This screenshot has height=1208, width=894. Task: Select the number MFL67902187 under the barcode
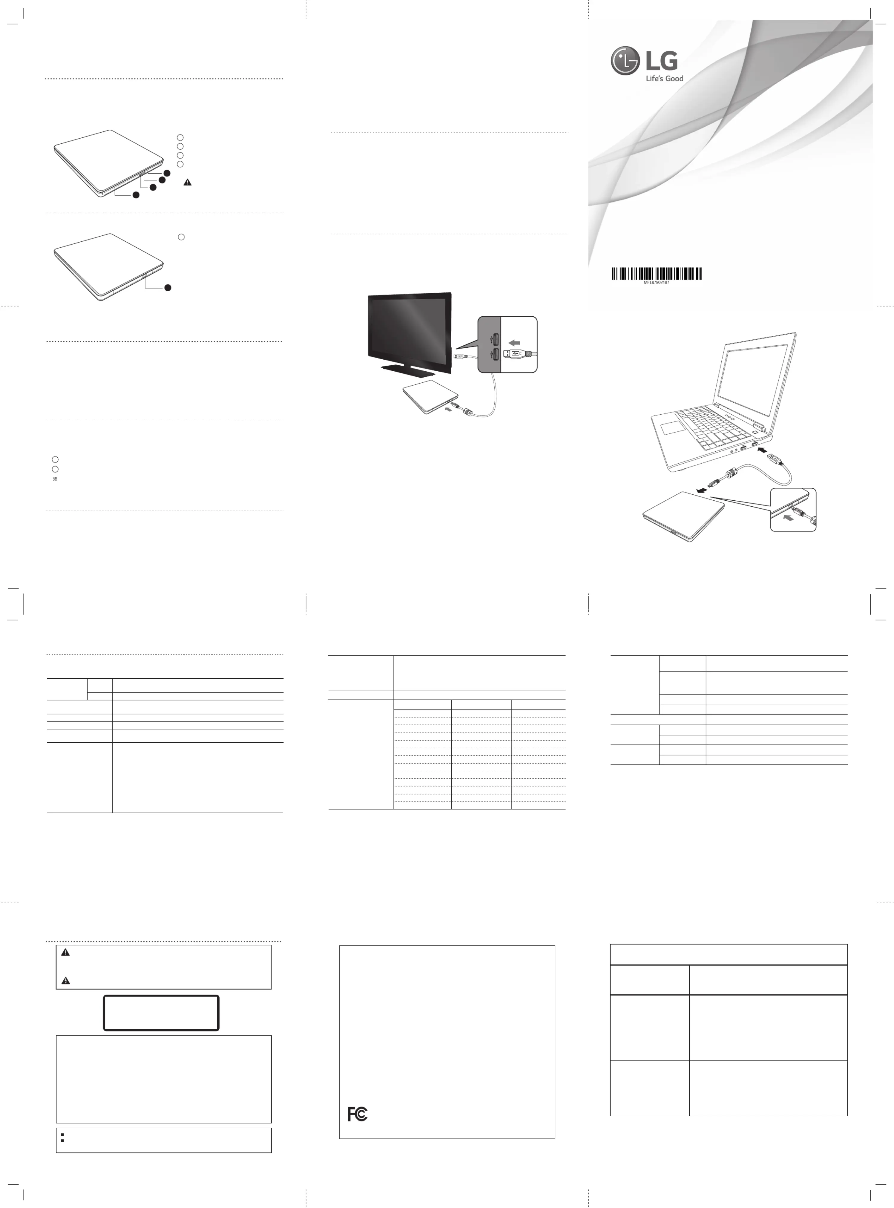coord(657,283)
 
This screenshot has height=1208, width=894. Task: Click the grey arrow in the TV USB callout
coord(514,342)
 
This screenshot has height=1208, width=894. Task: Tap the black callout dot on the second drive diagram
coord(168,287)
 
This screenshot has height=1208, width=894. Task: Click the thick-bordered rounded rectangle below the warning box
coord(161,1013)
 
